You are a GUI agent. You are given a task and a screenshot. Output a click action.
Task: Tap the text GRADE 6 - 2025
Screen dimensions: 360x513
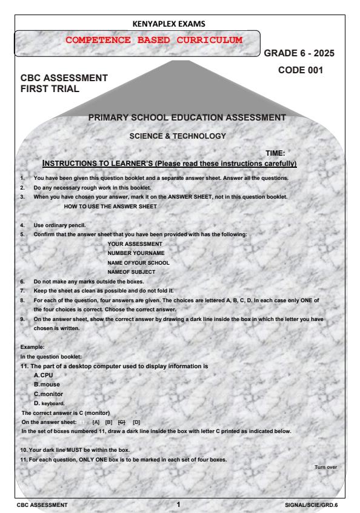pyautogui.click(x=299, y=53)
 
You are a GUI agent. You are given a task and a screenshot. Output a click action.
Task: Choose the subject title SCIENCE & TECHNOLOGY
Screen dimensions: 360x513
pyautogui.click(x=177, y=136)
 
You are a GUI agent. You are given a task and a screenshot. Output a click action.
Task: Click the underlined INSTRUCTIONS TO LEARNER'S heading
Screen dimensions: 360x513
pyautogui.click(x=170, y=164)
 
